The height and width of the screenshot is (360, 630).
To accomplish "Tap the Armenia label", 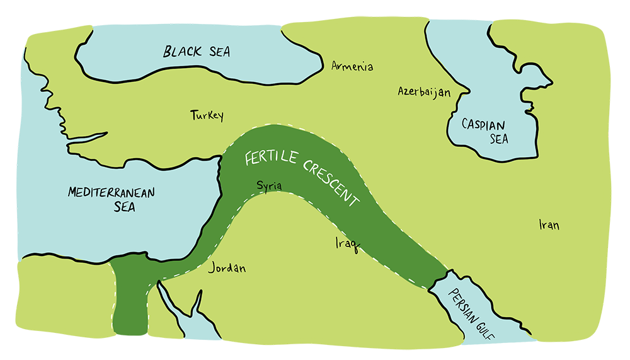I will pos(352,66).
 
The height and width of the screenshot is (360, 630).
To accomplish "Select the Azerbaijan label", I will pos(424,92).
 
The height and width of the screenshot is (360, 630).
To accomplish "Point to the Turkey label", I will pos(207,115).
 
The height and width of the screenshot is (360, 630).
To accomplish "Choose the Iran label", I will pos(549,225).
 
